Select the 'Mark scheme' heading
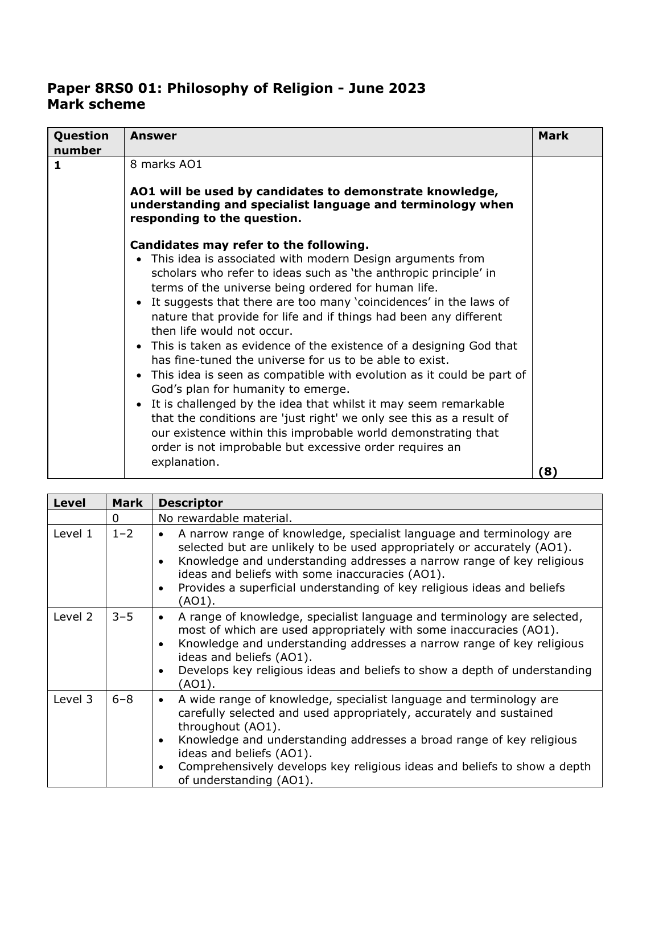pos(96,104)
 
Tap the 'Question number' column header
pos(81,143)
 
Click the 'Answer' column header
pos(153,136)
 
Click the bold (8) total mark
pos(547,471)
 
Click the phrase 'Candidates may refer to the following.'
pos(249,245)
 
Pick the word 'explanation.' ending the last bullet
pos(185,462)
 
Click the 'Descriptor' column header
pos(191,503)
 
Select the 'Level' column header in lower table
pos(69,503)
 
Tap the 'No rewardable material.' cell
pos(225,518)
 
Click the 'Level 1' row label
pos(73,534)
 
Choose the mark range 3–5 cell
pos(122,617)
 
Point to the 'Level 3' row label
pos(73,699)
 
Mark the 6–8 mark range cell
pos(122,699)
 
